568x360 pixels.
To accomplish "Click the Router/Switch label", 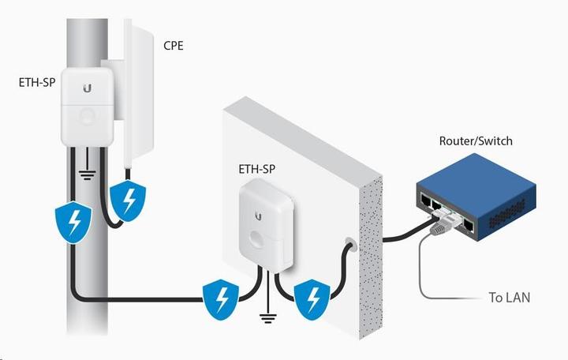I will (475, 141).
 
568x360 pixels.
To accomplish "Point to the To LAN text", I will (509, 298).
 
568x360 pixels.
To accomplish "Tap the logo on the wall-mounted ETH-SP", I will (258, 216).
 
